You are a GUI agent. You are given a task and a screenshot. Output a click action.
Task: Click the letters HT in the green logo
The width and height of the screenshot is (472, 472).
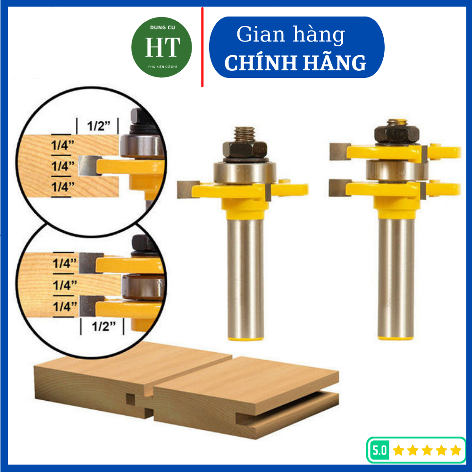click(162, 47)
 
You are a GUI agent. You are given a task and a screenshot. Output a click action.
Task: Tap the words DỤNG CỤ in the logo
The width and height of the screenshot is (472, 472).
click(162, 28)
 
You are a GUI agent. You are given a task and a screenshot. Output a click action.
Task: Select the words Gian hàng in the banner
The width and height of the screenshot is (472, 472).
click(291, 35)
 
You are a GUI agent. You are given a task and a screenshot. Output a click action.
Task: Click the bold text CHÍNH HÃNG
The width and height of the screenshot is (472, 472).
click(295, 63)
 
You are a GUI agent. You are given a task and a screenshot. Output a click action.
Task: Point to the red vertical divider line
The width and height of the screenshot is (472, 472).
click(202, 47)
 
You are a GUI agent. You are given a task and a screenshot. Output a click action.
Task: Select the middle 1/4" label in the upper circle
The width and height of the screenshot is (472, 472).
click(63, 166)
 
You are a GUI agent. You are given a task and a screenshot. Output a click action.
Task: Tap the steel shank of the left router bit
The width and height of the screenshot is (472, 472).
click(245, 278)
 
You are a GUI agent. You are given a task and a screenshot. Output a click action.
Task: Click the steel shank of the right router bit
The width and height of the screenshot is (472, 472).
click(396, 278)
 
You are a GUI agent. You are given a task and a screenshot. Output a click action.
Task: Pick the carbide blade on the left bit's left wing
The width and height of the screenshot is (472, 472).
click(187, 190)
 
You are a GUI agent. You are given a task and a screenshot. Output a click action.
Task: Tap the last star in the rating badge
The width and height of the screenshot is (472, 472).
click(455, 450)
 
